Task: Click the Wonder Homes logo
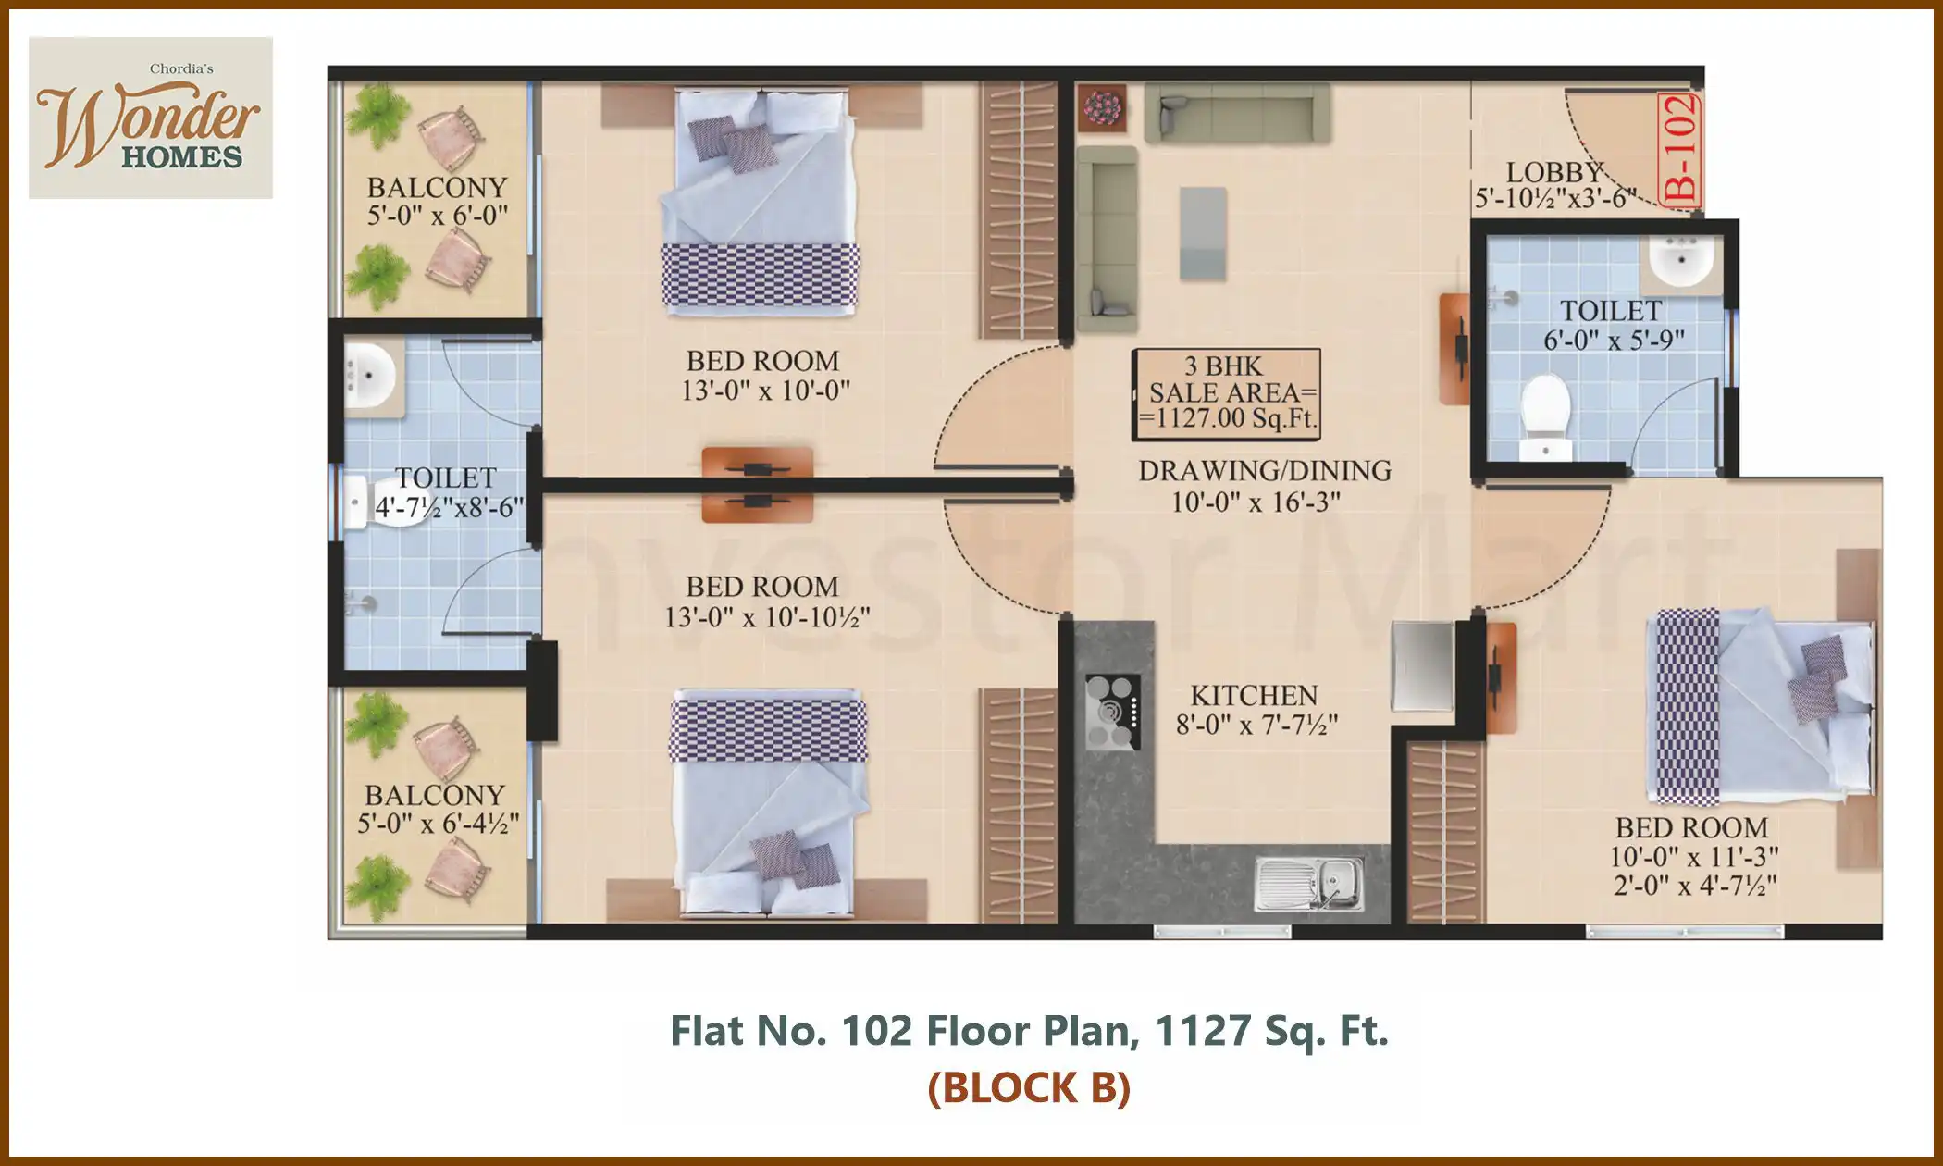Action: point(150,118)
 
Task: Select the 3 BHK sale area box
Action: point(1227,392)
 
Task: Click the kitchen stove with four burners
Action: point(1112,712)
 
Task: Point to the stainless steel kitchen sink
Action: point(1308,883)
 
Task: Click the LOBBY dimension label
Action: point(1554,185)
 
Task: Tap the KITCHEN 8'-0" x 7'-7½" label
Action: point(1256,710)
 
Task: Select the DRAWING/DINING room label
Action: point(1264,485)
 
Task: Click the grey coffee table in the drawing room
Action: point(1203,233)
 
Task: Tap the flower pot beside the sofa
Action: point(1101,107)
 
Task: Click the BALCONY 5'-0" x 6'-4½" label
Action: point(437,808)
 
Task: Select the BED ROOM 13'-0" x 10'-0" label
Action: point(764,375)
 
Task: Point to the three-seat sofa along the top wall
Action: point(1237,114)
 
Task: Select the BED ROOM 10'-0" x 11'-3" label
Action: point(1692,841)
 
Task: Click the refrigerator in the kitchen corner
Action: point(1423,666)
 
